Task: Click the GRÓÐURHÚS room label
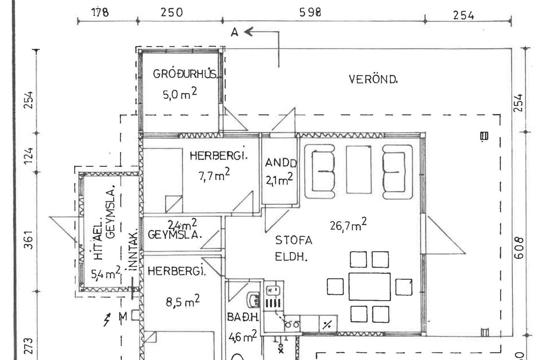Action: tap(185, 74)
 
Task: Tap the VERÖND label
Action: tap(373, 79)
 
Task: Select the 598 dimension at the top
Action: tap(310, 12)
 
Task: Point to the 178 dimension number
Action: tap(100, 12)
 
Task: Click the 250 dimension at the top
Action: tap(172, 12)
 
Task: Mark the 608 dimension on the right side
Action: tap(519, 248)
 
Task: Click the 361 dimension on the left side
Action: tap(28, 240)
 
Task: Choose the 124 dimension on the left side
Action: tap(28, 156)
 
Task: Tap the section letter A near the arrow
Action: tap(234, 32)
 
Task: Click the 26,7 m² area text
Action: tap(348, 225)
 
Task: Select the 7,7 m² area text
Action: tap(214, 174)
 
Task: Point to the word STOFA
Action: tap(294, 240)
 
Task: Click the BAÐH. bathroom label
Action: tap(243, 317)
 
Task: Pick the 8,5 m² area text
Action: tap(183, 301)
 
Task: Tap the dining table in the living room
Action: tap(370, 287)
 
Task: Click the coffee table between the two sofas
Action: tap(359, 170)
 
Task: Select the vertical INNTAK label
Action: tap(133, 250)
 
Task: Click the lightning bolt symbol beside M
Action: tap(107, 320)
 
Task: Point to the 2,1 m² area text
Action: tap(279, 179)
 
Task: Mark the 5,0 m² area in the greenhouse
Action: tap(179, 94)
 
